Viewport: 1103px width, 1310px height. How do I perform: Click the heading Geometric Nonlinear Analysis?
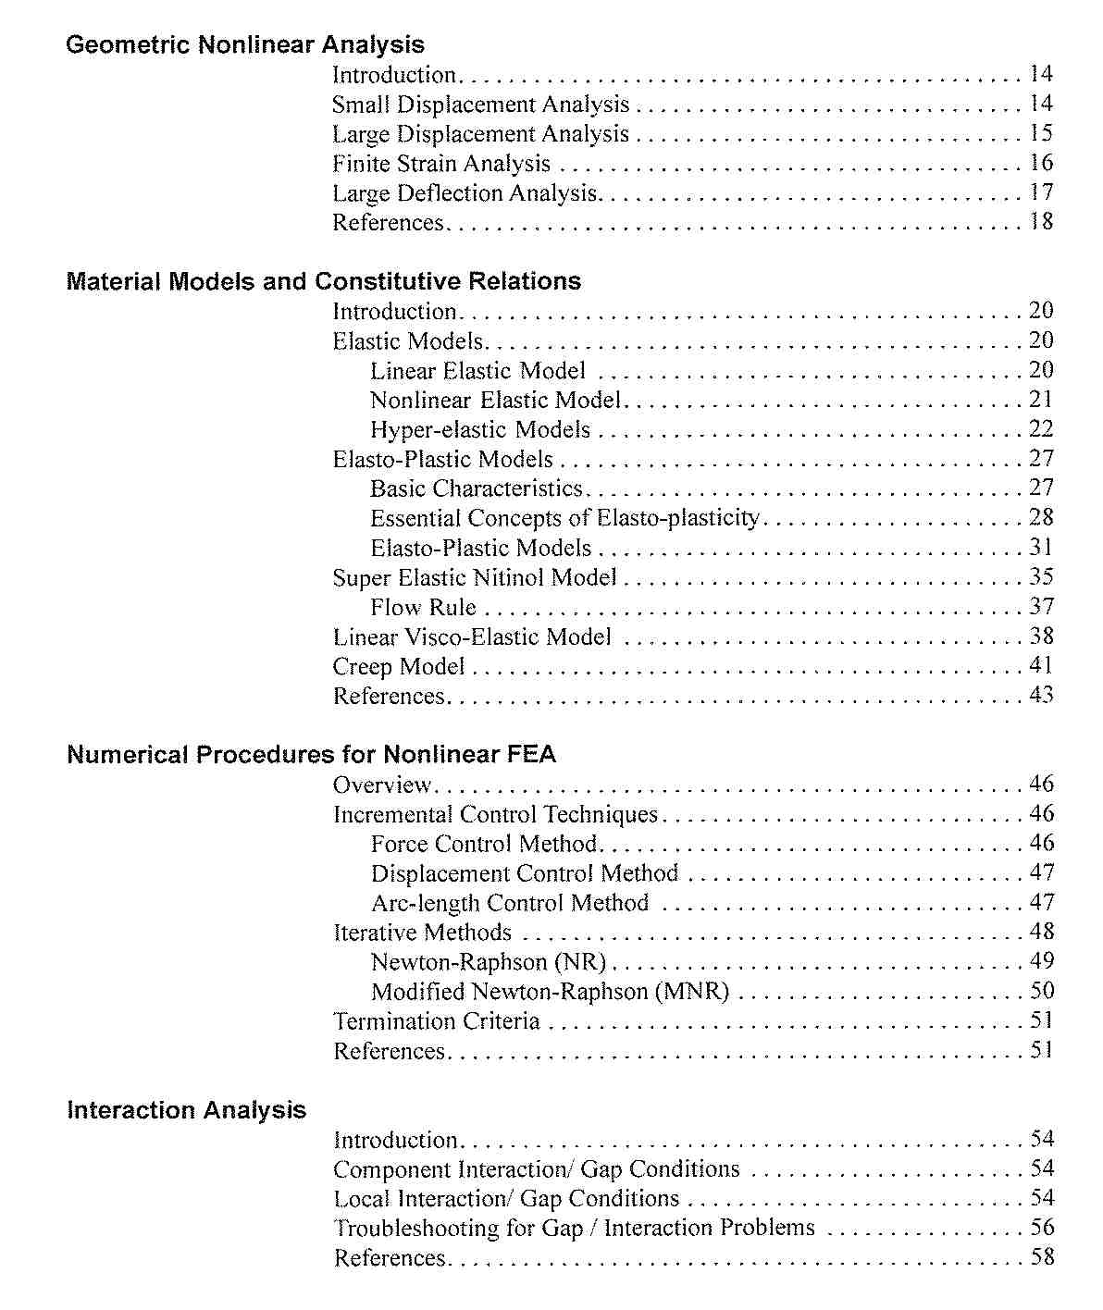click(x=245, y=44)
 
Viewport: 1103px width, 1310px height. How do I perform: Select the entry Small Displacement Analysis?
click(x=480, y=105)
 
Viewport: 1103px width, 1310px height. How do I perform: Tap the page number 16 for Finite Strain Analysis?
click(x=1041, y=163)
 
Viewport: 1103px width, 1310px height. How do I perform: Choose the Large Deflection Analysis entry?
click(x=465, y=193)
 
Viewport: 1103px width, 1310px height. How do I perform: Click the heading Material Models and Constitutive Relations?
click(x=324, y=281)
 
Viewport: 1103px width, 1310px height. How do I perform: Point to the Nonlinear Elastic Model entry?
click(x=495, y=400)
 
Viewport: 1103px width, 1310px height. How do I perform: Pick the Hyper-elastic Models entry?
click(x=480, y=429)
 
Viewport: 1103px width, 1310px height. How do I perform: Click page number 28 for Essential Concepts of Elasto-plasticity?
click(x=1041, y=517)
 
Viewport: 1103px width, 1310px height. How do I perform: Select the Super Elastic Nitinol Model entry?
click(x=474, y=577)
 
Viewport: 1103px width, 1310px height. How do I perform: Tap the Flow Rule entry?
click(x=423, y=607)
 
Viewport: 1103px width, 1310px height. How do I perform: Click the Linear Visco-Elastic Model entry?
click(x=472, y=636)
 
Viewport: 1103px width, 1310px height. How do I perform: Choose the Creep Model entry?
click(x=398, y=666)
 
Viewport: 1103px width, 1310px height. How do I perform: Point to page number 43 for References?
click(x=1041, y=695)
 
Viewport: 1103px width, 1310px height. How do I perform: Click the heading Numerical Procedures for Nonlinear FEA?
click(x=312, y=755)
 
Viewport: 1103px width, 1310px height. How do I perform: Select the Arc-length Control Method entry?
click(x=510, y=903)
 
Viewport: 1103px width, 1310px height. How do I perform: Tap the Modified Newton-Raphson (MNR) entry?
click(x=550, y=992)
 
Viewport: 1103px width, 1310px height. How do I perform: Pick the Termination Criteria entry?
click(x=436, y=1021)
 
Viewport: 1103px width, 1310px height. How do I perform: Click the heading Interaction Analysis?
click(x=186, y=1110)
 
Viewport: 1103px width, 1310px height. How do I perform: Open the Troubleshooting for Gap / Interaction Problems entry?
click(x=574, y=1228)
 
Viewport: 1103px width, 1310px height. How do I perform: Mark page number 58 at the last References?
click(x=1042, y=1257)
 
